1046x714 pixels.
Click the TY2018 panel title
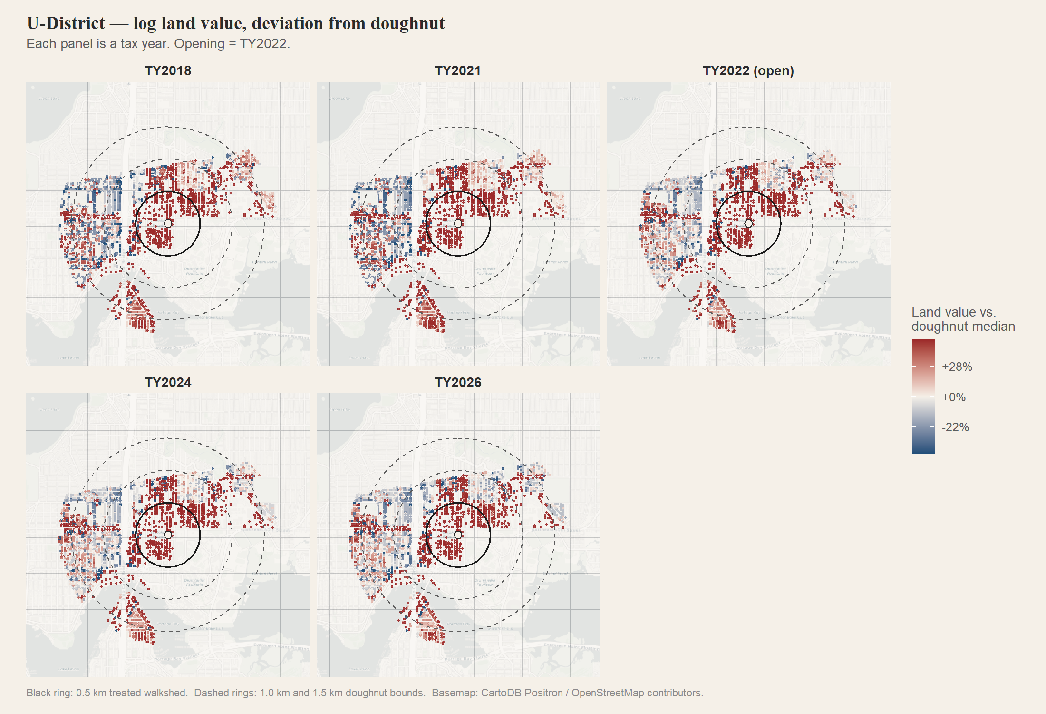click(x=168, y=71)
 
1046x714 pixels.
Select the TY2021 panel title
click(x=458, y=71)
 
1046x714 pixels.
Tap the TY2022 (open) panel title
click(x=748, y=71)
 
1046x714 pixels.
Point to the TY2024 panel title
click(x=168, y=383)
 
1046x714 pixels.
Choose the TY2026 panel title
click(x=458, y=383)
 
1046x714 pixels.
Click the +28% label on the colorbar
click(x=957, y=367)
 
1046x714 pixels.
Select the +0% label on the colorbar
click(x=953, y=397)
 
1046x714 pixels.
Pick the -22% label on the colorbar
click(x=955, y=427)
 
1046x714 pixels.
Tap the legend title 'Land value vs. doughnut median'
click(x=963, y=319)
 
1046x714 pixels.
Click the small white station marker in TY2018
click(x=168, y=224)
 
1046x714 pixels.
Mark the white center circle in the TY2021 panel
click(x=458, y=224)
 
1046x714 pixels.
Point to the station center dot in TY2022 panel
click(x=748, y=224)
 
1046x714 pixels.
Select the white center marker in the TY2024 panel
click(x=168, y=535)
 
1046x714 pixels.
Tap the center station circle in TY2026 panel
click(x=458, y=535)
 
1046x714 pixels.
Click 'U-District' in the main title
click(x=66, y=23)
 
